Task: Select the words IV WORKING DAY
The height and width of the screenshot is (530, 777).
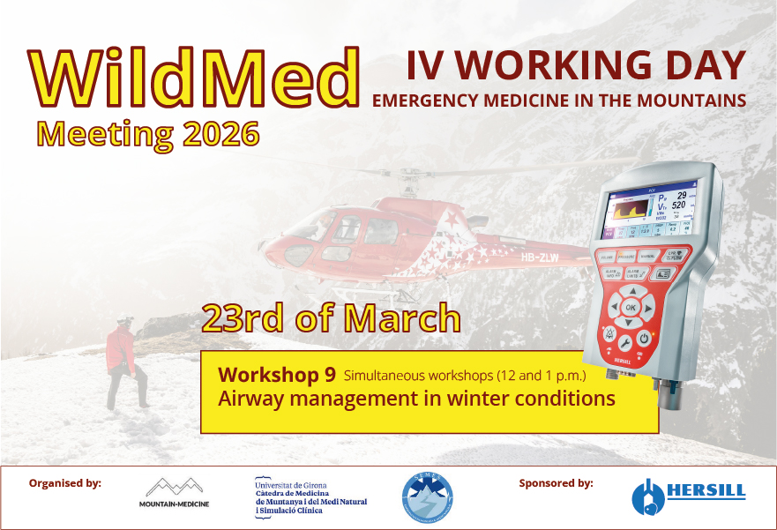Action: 575,65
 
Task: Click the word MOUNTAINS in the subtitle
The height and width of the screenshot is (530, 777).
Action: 695,100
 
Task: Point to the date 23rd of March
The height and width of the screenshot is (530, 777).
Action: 331,318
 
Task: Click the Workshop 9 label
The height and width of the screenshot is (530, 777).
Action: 276,374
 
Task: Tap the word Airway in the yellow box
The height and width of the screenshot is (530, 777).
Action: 250,399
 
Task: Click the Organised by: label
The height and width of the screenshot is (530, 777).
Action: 65,483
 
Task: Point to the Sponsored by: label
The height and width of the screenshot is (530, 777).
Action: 556,483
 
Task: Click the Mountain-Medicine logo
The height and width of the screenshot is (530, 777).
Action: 174,494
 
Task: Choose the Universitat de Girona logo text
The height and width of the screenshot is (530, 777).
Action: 310,496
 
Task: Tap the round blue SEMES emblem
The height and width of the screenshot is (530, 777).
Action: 429,496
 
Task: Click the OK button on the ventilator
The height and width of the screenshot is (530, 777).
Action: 630,307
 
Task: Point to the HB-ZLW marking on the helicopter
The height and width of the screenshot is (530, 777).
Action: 540,258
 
